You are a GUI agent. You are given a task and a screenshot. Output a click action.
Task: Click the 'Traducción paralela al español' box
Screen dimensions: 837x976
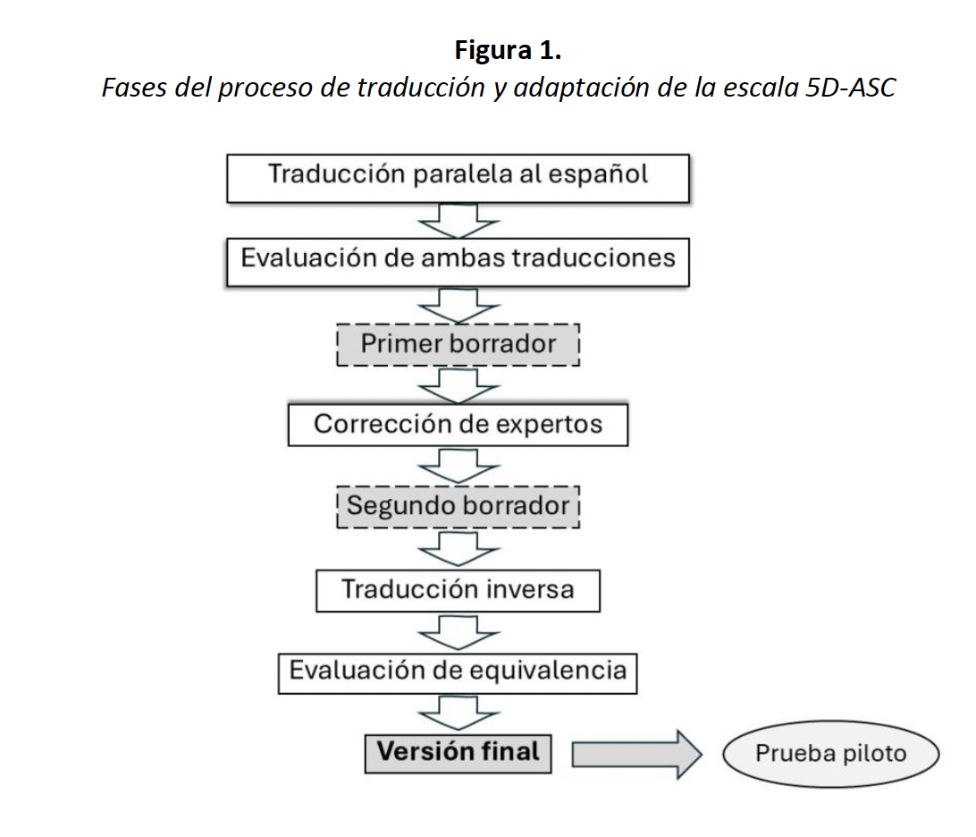(458, 178)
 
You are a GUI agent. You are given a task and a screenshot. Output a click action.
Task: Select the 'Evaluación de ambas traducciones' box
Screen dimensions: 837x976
(458, 261)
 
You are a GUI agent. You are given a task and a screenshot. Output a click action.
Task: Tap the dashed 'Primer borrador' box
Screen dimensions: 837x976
(458, 344)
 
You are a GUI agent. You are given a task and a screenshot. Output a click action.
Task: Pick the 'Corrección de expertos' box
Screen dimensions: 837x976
(458, 424)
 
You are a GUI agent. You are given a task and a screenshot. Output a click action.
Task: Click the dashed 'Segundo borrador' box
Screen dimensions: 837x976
(458, 506)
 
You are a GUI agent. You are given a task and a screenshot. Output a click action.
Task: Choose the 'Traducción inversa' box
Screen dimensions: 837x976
(458, 590)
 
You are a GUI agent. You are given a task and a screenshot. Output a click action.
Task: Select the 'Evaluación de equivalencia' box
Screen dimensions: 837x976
(458, 671)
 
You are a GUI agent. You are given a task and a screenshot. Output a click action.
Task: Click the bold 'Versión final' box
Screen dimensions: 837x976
(458, 752)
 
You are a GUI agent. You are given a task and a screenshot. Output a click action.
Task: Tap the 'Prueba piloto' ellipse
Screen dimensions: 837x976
(830, 754)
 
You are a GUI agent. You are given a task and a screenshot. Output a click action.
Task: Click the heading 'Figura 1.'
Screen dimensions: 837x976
(507, 50)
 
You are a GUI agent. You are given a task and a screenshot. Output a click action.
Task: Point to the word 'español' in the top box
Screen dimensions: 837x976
(600, 174)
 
